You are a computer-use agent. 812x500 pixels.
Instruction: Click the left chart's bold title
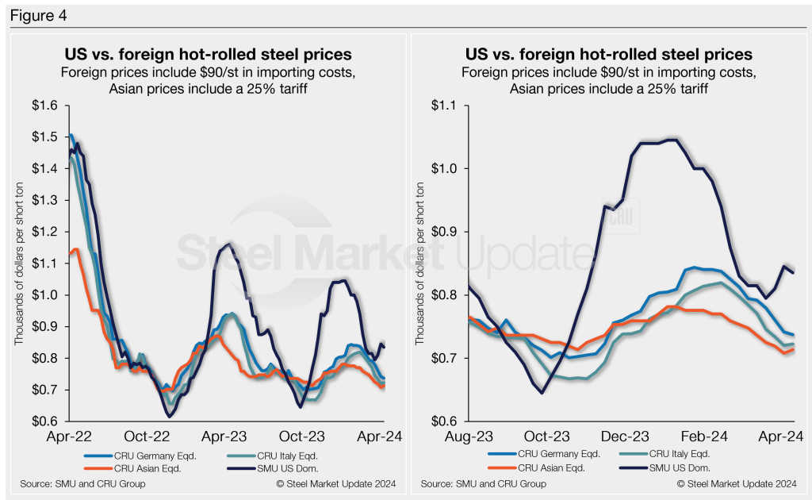[x=208, y=56]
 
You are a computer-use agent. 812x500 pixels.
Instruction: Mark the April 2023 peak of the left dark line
[x=229, y=244]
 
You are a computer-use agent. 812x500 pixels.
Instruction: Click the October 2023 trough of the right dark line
[x=542, y=392]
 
